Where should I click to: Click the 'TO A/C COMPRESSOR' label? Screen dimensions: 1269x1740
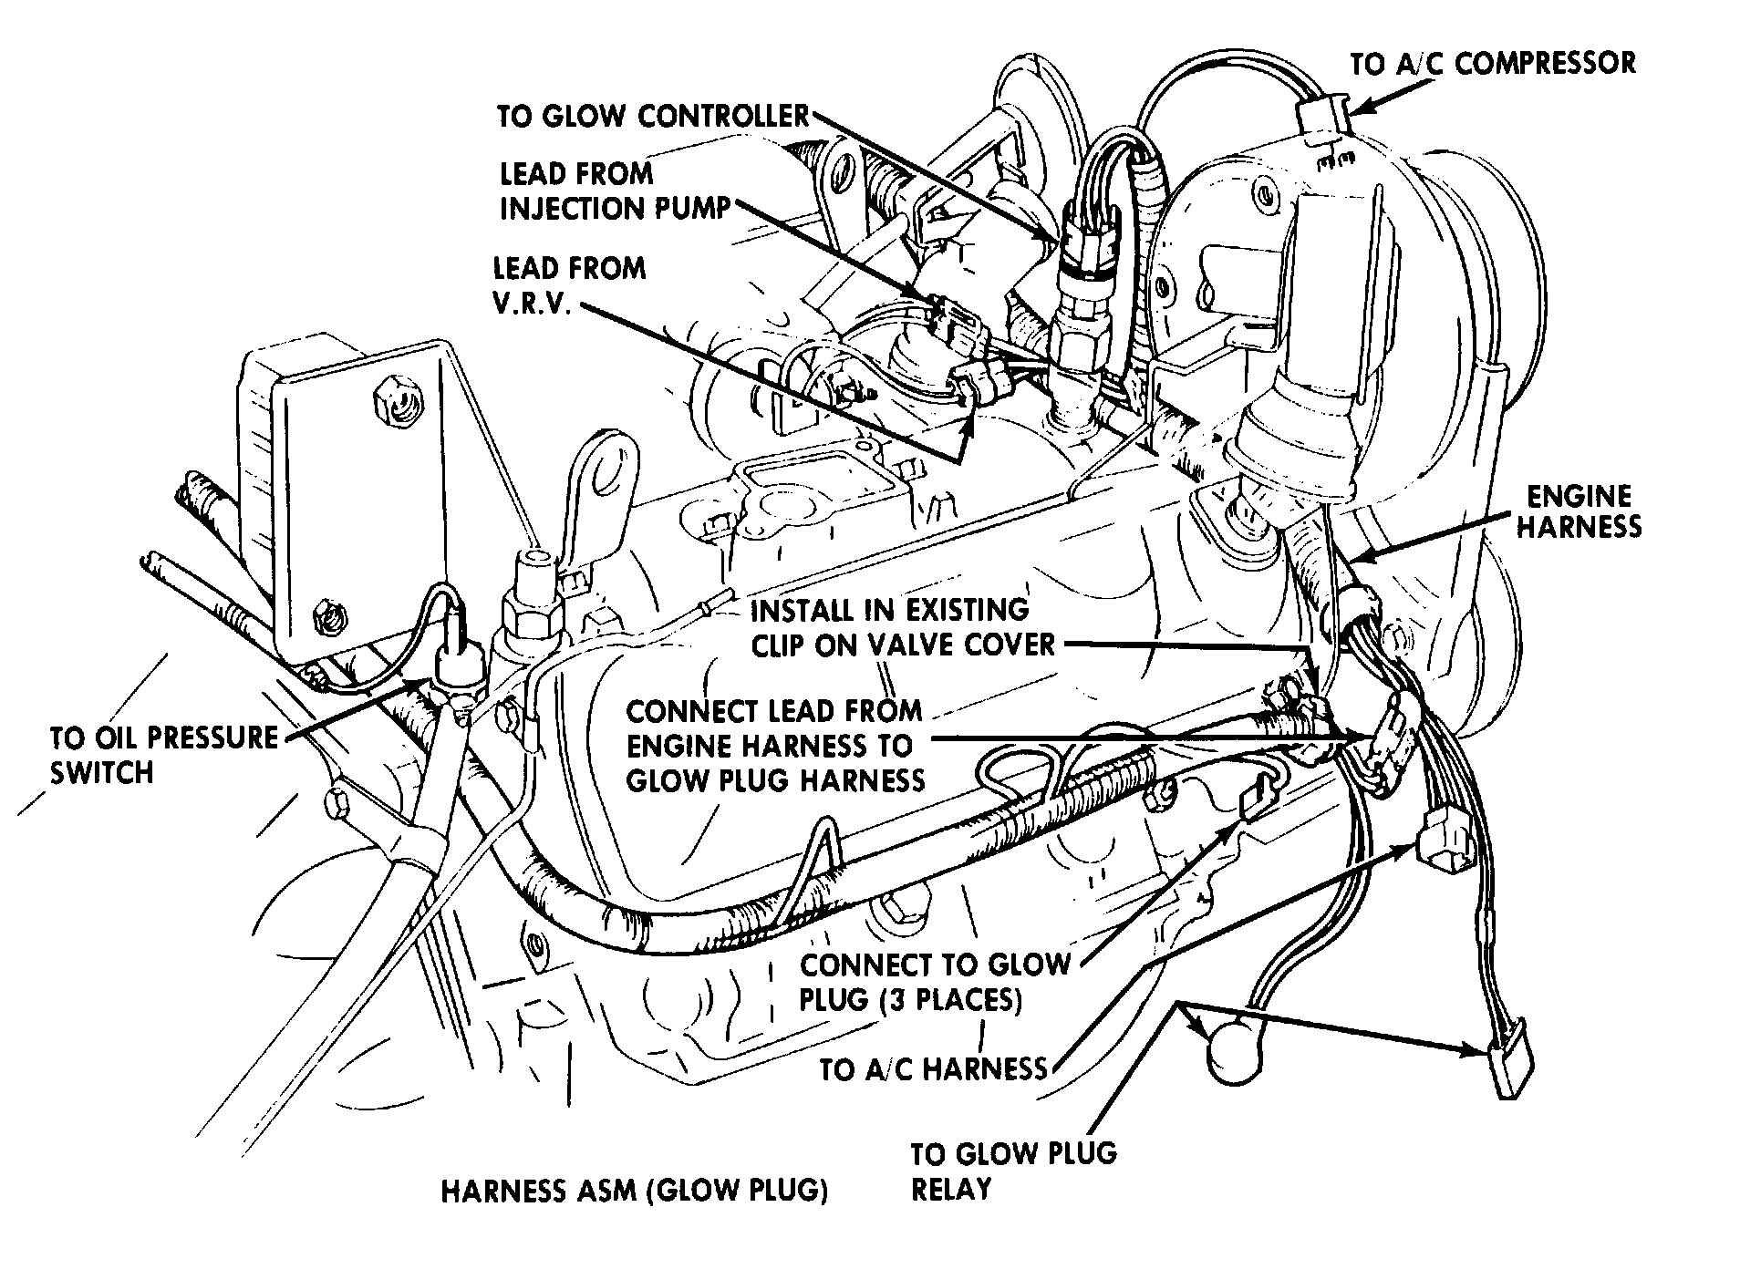1493,64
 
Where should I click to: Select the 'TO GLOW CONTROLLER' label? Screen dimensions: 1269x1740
653,117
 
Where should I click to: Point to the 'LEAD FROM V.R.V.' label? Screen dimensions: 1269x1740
569,285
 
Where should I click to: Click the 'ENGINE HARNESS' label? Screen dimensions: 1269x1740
1579,511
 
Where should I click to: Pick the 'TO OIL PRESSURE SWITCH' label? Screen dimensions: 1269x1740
163,755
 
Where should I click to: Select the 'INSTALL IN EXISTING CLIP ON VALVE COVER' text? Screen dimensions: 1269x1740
900,627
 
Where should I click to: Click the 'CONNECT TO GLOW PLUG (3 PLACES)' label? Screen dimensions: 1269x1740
934,982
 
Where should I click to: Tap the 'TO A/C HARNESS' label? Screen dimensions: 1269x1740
933,1068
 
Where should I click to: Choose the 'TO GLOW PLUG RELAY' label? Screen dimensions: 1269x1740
1012,1171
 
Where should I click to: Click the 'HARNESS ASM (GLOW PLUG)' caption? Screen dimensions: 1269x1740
634,1192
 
